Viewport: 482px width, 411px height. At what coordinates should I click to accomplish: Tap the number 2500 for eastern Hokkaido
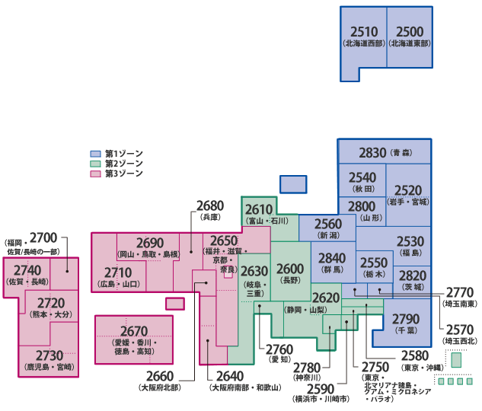coord(410,31)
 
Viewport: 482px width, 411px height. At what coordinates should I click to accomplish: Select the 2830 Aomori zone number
coord(373,152)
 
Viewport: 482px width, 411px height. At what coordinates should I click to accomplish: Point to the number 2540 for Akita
coord(362,177)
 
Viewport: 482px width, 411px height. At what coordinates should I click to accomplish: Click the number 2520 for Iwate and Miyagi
coord(409,190)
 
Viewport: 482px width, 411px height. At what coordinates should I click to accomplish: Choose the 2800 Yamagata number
coord(362,206)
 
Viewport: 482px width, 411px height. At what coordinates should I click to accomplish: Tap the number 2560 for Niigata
coord(328,224)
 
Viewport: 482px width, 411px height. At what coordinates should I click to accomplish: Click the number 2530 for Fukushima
coord(410,241)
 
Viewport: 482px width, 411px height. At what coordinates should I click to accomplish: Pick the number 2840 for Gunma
coord(332,257)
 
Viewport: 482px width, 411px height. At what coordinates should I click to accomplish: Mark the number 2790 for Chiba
coord(407,318)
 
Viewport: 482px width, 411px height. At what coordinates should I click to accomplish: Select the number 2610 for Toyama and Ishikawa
coord(258,209)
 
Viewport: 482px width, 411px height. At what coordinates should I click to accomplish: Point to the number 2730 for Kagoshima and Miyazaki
coord(49,355)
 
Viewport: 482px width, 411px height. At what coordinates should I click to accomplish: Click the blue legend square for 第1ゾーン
coord(96,154)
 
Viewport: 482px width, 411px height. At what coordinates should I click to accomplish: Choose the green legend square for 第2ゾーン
coord(96,164)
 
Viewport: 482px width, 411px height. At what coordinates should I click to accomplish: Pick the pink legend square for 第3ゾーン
coord(96,174)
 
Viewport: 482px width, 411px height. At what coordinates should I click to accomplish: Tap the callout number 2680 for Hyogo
coord(209,205)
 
